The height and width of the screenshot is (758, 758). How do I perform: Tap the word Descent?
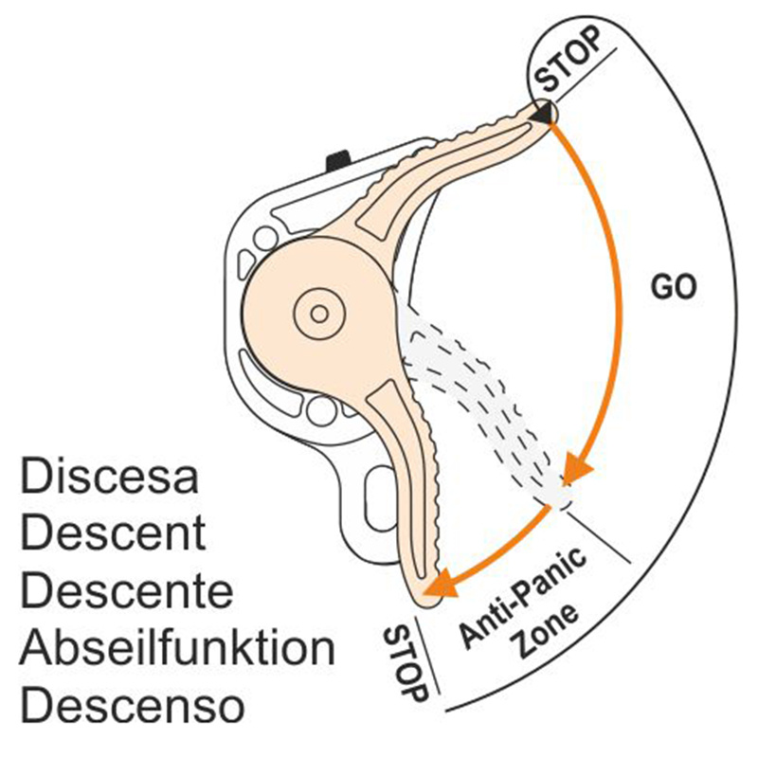(x=113, y=534)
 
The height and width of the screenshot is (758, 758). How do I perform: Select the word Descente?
(x=126, y=591)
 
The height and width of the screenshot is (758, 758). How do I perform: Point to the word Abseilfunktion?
(x=177, y=649)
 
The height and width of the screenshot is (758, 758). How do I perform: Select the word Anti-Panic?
(x=524, y=598)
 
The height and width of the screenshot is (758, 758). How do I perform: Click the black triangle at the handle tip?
(x=541, y=114)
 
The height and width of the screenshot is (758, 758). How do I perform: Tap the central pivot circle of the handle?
(x=315, y=310)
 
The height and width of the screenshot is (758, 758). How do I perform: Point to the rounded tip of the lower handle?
(x=428, y=592)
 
